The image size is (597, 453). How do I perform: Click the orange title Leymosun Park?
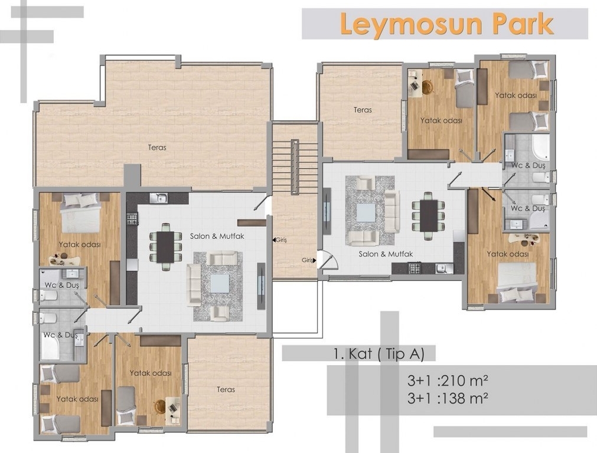pos(446,24)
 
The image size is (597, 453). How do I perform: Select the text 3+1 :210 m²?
pos(448,380)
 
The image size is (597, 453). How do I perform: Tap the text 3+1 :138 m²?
pos(448,398)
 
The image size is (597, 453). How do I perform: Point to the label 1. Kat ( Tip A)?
pos(379,354)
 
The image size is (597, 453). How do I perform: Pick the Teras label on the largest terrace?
pos(157,147)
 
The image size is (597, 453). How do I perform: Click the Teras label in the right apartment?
pos(363,110)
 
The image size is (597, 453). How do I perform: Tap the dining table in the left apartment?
pos(165,247)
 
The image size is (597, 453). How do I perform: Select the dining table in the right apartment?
pos(429,216)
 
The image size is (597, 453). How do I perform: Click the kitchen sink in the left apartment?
pos(159,198)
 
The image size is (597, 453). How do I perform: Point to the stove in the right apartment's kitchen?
pos(415,268)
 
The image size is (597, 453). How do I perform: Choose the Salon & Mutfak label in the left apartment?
pos(217,236)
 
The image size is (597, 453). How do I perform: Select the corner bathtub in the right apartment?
pos(540,147)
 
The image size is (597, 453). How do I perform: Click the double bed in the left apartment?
pos(81,212)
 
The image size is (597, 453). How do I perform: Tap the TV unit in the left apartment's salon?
pos(261,285)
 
